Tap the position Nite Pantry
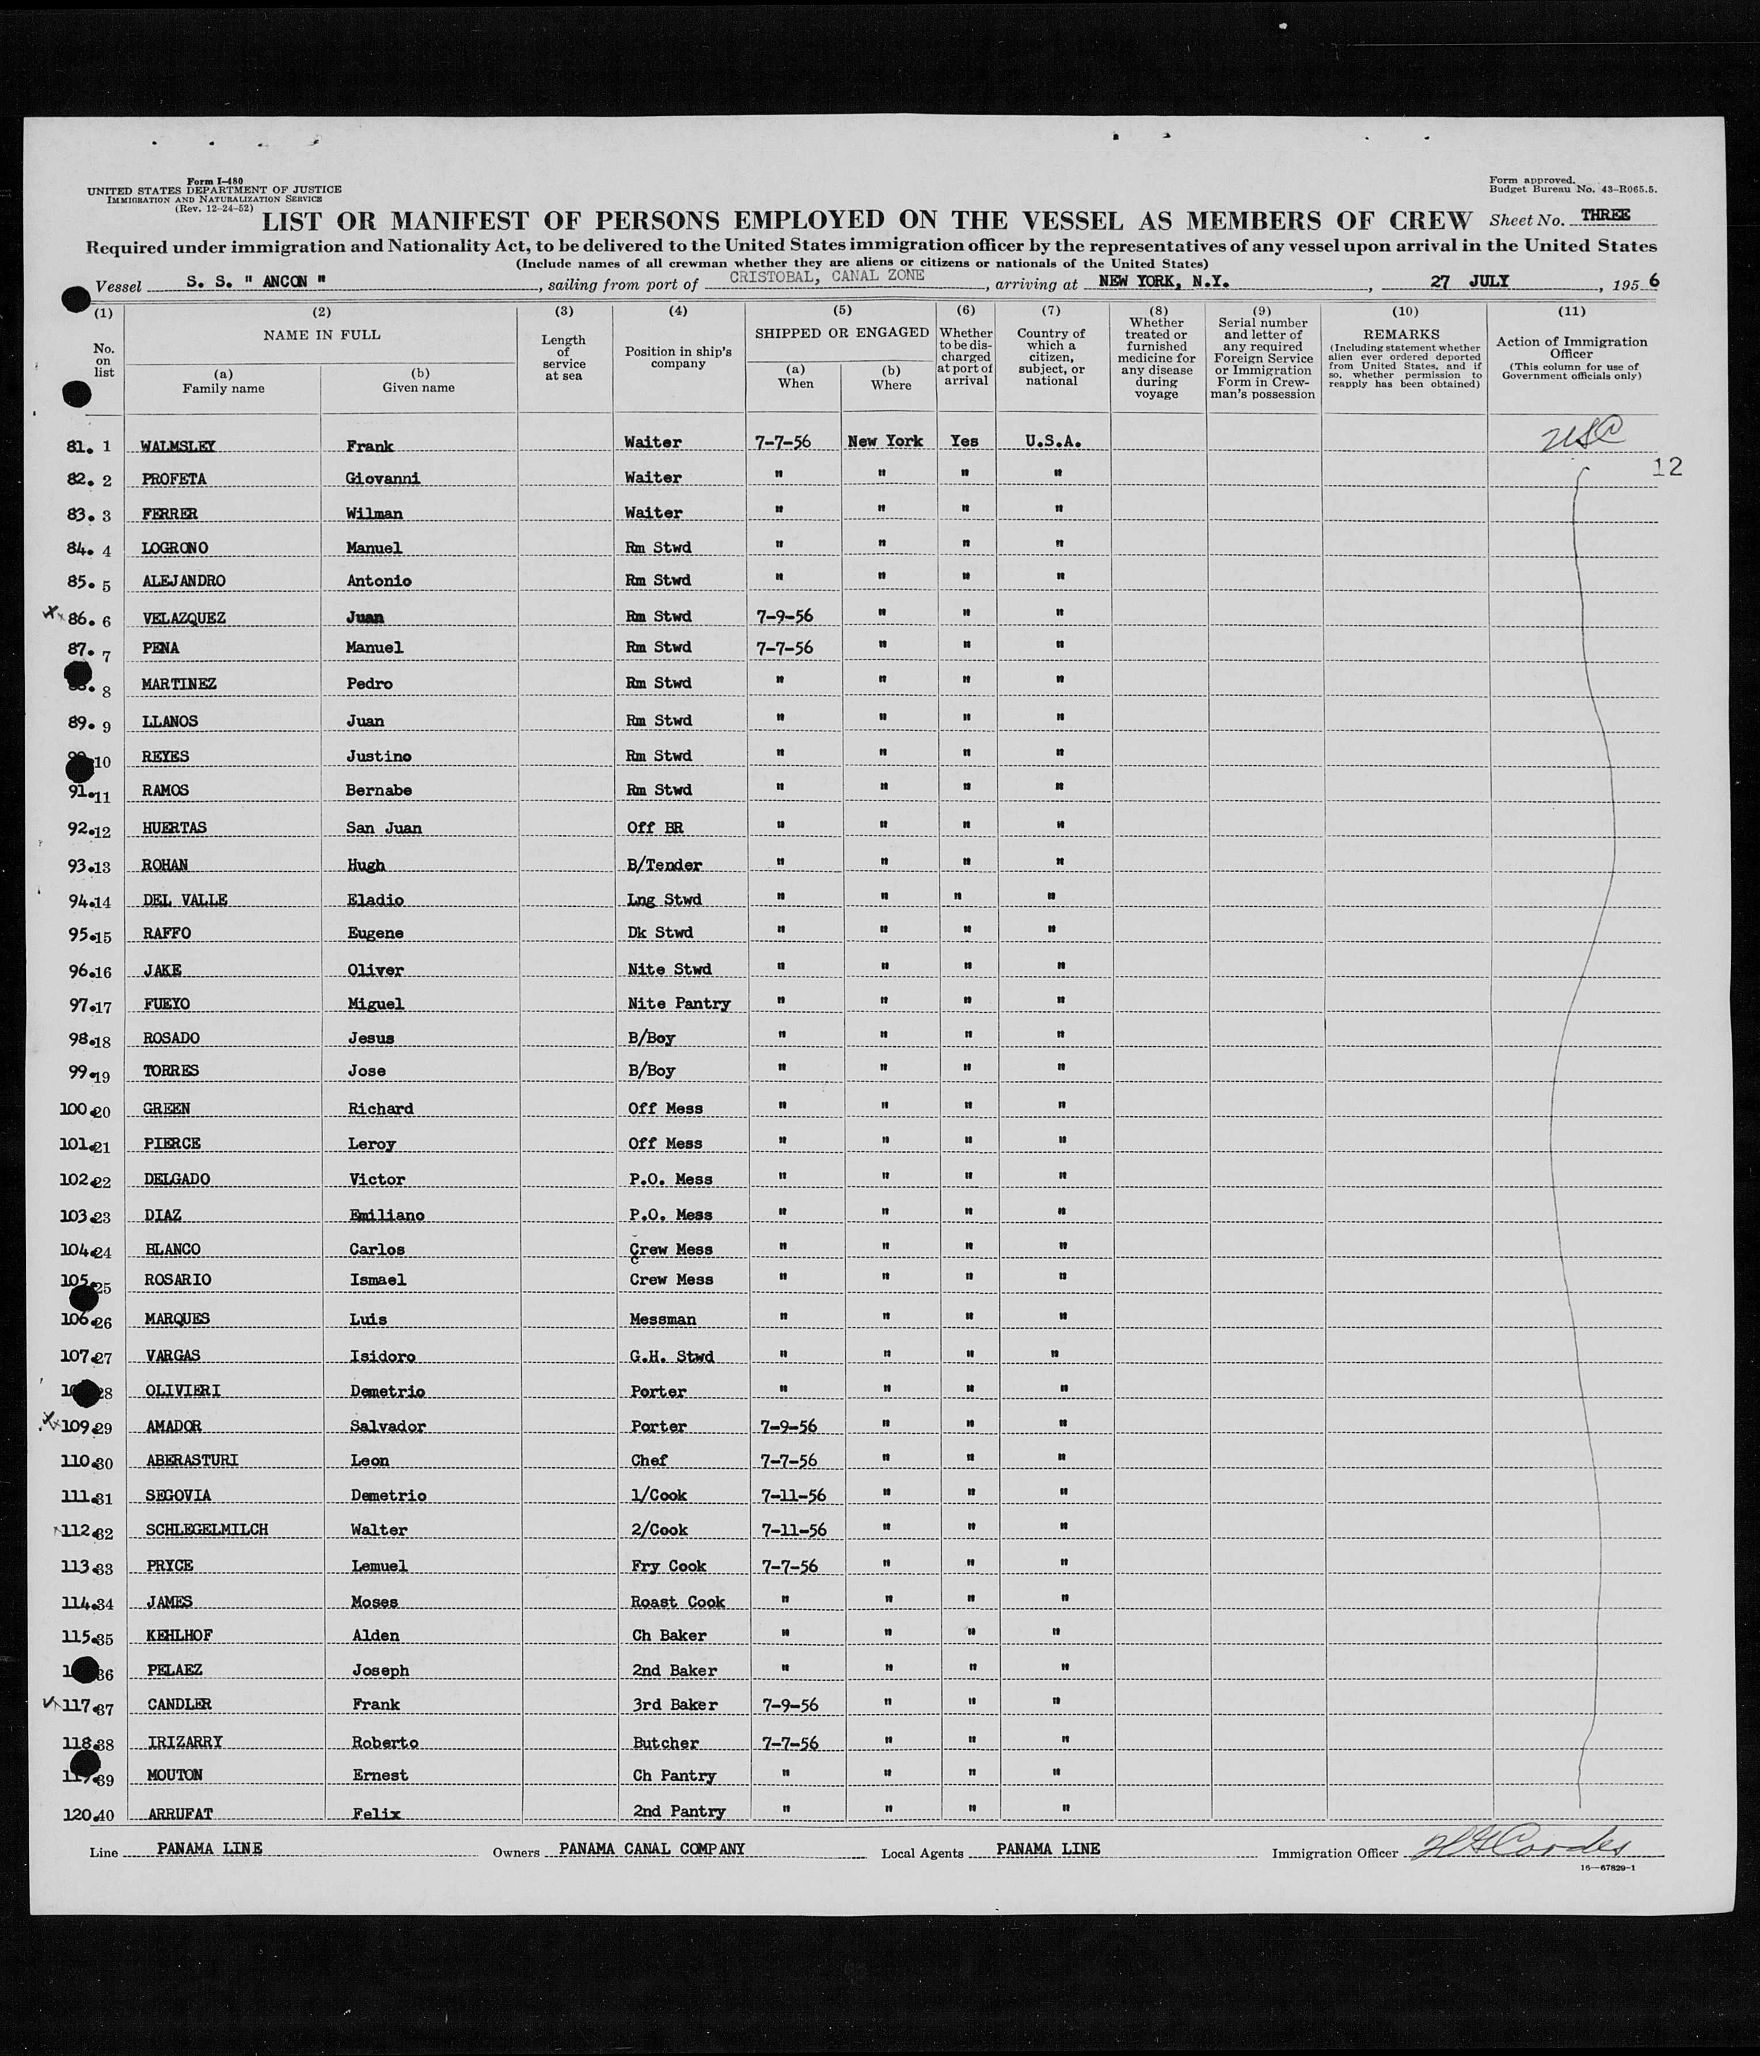[679, 1003]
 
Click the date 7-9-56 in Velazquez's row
[783, 616]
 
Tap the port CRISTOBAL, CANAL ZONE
[826, 277]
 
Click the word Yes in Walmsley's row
[964, 440]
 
